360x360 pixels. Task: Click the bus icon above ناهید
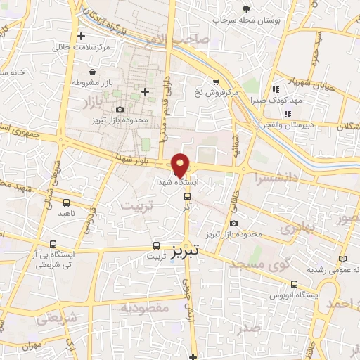[65, 201]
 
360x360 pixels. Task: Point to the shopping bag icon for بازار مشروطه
[92, 72]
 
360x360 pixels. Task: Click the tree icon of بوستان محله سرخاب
[245, 9]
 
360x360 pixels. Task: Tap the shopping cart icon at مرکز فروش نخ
[215, 81]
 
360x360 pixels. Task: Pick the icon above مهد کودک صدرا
[276, 89]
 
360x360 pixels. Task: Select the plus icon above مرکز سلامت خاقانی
[82, 36]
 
